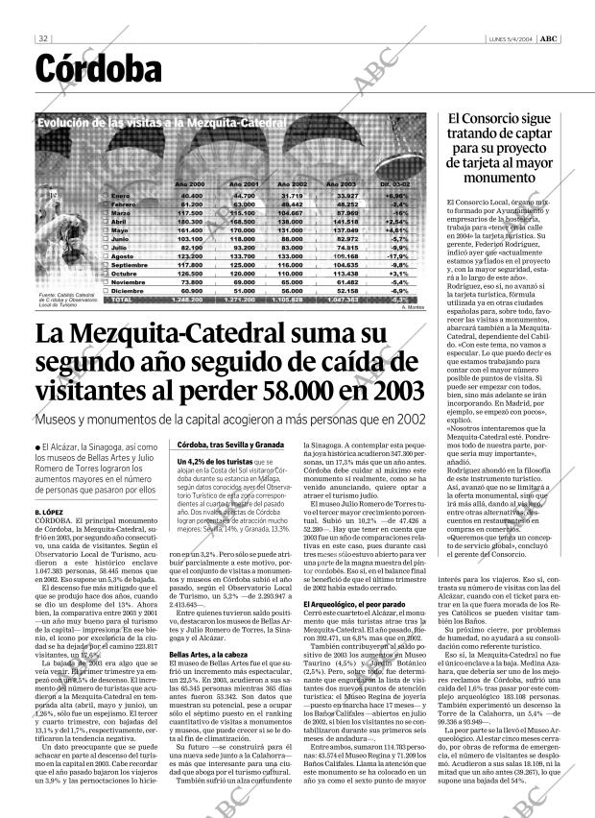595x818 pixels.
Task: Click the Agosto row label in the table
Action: click(x=149, y=256)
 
